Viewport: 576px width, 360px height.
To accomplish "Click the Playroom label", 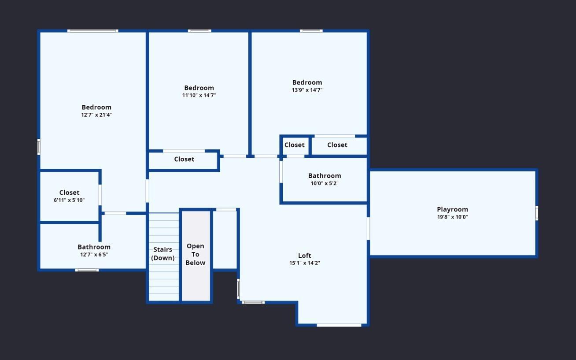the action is click(x=452, y=209).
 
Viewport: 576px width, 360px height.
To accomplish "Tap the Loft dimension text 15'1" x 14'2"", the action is click(x=304, y=263).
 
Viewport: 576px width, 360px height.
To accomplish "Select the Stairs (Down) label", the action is click(x=163, y=254).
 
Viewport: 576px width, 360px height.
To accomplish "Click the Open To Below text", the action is click(x=196, y=254).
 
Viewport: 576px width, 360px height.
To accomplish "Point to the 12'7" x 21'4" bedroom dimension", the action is click(x=96, y=115).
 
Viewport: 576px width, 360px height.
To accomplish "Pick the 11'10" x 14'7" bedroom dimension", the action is click(x=199, y=95).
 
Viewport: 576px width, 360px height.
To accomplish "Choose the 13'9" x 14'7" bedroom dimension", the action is click(x=307, y=90).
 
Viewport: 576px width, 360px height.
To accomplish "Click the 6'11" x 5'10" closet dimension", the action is click(x=69, y=200).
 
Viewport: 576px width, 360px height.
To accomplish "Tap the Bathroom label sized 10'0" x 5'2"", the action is click(x=325, y=176).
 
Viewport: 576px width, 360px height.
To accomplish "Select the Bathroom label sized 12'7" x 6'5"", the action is click(x=94, y=247).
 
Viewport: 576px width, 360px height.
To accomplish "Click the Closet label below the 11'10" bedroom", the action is click(x=184, y=159).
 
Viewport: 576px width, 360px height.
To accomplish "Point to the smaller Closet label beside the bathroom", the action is click(x=295, y=145).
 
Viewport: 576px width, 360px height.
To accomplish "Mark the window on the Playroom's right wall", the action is click(x=537, y=213).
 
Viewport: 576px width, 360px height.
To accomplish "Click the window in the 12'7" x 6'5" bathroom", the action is click(x=87, y=270).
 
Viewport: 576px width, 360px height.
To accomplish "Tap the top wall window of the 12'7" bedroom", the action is click(x=93, y=31).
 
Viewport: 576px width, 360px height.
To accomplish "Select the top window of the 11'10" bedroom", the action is click(x=199, y=31).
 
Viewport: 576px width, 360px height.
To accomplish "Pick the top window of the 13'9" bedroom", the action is click(x=311, y=31).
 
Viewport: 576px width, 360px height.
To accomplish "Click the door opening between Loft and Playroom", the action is click(x=368, y=229).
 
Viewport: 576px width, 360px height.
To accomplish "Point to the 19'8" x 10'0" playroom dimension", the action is click(x=452, y=217).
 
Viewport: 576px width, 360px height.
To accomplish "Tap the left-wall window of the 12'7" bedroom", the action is click(x=39, y=147).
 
